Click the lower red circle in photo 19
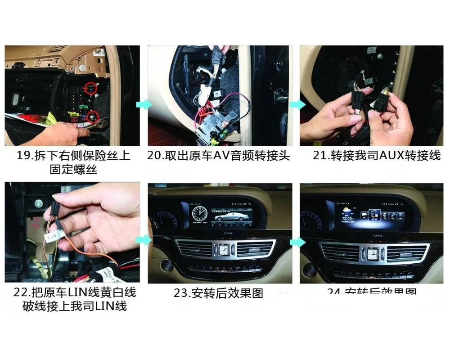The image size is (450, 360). tap(93, 116)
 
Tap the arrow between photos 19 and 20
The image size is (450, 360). tap(142, 104)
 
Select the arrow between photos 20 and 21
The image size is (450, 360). tap(296, 104)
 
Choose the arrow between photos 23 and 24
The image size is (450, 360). tap(296, 242)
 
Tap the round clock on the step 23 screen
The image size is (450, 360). tap(198, 213)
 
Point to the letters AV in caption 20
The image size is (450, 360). tap(220, 156)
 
